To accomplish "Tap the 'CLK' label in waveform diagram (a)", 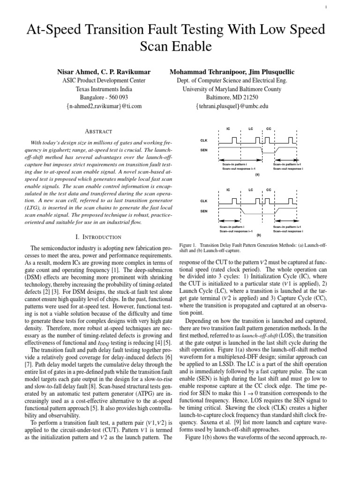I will (x=204, y=140).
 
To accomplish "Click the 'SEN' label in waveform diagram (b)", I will (x=204, y=211).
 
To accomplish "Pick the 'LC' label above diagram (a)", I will (x=251, y=128).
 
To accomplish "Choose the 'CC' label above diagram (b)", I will (x=269, y=190).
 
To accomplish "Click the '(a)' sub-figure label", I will (x=257, y=174).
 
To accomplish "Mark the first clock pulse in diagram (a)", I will (x=233, y=140).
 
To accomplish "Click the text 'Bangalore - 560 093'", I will (x=104, y=97).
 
